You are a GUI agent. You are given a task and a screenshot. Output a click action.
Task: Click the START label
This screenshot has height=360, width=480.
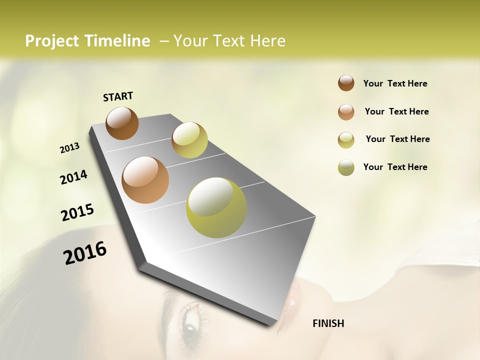(118, 96)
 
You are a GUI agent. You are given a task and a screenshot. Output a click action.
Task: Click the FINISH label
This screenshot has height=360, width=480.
(328, 323)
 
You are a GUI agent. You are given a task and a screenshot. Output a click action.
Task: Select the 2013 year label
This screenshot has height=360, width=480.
(69, 148)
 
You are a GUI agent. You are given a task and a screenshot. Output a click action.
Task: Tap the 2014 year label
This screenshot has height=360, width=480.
(73, 177)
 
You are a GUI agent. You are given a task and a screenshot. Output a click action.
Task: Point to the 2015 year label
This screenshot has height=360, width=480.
(77, 212)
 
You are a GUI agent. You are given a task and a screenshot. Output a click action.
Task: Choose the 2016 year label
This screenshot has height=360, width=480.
(85, 253)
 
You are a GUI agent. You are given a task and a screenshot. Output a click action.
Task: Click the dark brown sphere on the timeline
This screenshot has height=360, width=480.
(122, 123)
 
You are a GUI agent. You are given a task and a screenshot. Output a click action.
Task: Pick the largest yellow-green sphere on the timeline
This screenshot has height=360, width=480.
(216, 207)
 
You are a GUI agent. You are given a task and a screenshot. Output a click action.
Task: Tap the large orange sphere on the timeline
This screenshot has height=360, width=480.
(145, 180)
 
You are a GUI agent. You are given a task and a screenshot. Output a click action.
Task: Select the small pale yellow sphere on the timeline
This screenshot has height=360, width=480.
(189, 140)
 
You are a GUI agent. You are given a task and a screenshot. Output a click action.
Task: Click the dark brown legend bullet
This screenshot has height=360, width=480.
(346, 83)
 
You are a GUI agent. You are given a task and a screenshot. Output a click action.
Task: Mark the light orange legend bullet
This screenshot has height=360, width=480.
(346, 112)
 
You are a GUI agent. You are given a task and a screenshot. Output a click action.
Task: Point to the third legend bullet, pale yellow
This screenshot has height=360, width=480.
(346, 140)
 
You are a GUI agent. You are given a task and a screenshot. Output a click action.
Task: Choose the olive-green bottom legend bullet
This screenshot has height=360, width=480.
(346, 167)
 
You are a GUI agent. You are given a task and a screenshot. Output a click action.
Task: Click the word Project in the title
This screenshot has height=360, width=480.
(52, 41)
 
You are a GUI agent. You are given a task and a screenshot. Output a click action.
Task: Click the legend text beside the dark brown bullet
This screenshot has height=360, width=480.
(395, 83)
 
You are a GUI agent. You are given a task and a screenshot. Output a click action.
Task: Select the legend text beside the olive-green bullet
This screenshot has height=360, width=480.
(395, 167)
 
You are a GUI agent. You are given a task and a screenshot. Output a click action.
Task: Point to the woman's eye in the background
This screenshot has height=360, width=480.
(191, 327)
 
